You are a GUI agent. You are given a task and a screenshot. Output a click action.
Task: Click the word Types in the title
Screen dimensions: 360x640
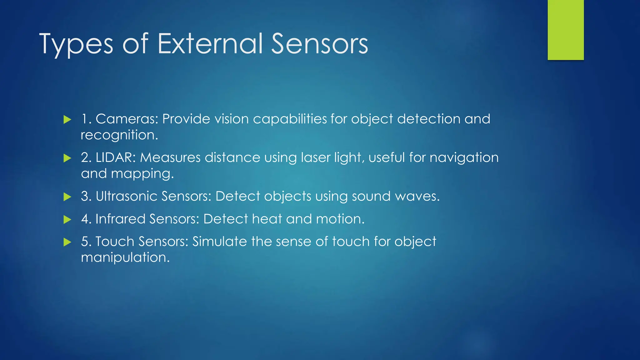point(76,44)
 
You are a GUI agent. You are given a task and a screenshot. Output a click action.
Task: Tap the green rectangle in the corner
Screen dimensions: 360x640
point(565,30)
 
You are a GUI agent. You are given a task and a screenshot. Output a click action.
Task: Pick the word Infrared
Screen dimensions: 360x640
point(120,219)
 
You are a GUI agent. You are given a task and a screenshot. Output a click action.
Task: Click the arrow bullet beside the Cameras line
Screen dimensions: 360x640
point(67,119)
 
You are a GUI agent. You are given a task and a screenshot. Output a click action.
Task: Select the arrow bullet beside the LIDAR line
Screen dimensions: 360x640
point(67,158)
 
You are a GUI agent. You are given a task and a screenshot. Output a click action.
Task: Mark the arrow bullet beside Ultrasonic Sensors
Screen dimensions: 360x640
point(67,197)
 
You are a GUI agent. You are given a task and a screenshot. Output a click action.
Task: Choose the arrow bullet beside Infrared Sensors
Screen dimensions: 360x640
point(67,219)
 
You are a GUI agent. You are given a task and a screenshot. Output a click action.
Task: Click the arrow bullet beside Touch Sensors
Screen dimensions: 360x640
point(67,242)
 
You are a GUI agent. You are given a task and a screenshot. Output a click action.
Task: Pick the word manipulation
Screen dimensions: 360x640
point(125,258)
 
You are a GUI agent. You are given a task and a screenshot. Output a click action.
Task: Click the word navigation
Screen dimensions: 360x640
point(464,158)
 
